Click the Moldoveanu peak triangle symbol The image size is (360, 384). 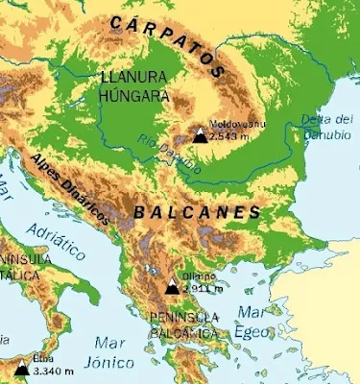coord(200,135)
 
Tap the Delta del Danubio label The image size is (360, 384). coord(327,125)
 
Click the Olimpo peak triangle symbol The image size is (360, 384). coord(172,286)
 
